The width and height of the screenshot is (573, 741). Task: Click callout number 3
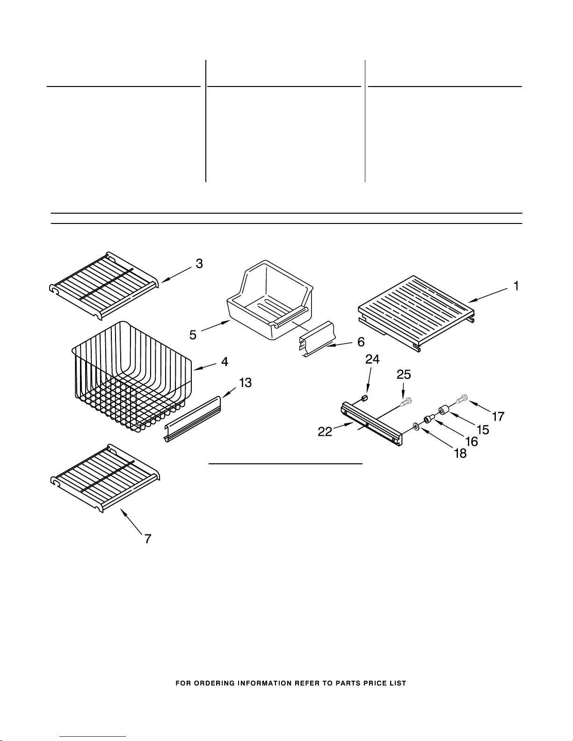(199, 264)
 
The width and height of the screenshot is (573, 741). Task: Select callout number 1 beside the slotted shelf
(516, 286)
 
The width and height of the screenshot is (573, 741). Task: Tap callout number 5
(193, 335)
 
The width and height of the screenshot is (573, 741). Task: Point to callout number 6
(361, 342)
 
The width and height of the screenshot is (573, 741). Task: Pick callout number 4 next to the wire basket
(225, 361)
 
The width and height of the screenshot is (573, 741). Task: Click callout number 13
(245, 383)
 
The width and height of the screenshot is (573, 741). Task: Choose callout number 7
(147, 539)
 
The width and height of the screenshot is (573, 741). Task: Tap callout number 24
(372, 359)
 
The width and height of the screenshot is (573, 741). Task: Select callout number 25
(404, 374)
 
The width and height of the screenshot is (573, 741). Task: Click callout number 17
(498, 416)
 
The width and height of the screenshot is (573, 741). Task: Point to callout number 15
(482, 429)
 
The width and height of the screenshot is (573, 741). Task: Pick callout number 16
(471, 441)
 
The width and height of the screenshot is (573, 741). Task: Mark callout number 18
(460, 453)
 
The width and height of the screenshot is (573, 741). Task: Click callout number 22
(325, 432)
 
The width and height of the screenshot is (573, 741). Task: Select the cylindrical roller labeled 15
(443, 412)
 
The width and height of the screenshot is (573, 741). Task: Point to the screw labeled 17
(462, 399)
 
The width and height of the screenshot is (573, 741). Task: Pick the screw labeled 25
(406, 401)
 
